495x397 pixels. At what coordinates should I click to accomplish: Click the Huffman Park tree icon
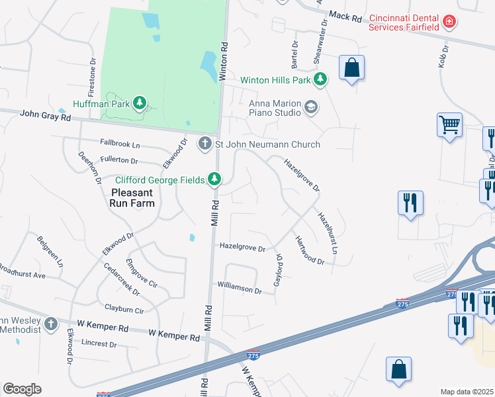pyautogui.click(x=139, y=103)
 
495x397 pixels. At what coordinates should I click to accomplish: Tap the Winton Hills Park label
pyautogui.click(x=275, y=80)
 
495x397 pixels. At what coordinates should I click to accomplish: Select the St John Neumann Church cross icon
pyautogui.click(x=205, y=144)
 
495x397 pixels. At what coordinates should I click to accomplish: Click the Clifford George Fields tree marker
pyautogui.click(x=214, y=179)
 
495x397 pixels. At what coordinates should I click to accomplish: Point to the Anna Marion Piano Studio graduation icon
pyautogui.click(x=311, y=107)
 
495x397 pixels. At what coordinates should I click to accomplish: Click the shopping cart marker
pyautogui.click(x=449, y=124)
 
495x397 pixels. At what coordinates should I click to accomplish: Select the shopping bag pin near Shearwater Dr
pyautogui.click(x=351, y=67)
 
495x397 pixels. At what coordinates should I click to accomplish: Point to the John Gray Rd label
pyautogui.click(x=45, y=115)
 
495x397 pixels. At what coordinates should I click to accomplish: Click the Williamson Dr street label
pyautogui.click(x=240, y=288)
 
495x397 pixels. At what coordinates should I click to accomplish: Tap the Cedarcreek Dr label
pyautogui.click(x=122, y=280)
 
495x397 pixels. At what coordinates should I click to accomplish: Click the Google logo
pyautogui.click(x=22, y=389)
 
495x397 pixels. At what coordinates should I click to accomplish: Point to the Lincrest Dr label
pyautogui.click(x=99, y=344)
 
